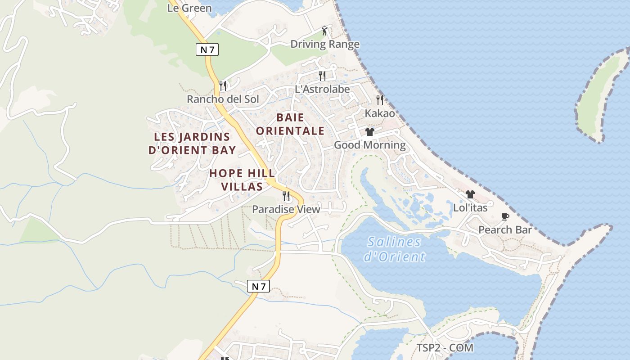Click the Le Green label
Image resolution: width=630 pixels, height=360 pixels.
pyautogui.click(x=189, y=8)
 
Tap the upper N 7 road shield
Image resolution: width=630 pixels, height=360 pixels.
pyautogui.click(x=207, y=49)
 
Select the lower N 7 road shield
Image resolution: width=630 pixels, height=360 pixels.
pyautogui.click(x=258, y=286)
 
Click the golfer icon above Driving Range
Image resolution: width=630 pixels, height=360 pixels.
pyautogui.click(x=325, y=31)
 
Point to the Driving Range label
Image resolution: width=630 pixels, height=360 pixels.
pyautogui.click(x=325, y=44)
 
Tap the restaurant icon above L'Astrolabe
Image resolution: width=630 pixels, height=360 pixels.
pyautogui.click(x=322, y=76)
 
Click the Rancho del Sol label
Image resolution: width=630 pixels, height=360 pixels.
pyautogui.click(x=223, y=99)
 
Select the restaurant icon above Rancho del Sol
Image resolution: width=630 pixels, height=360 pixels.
pyautogui.click(x=222, y=85)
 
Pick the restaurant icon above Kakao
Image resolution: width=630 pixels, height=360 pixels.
pyautogui.click(x=380, y=99)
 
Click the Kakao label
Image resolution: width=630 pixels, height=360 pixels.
pyautogui.click(x=380, y=113)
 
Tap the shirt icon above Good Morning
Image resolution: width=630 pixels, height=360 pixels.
pyautogui.click(x=370, y=132)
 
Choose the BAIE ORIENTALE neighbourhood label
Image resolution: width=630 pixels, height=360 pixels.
pyautogui.click(x=300, y=124)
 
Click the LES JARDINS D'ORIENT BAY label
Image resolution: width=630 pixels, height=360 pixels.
pyautogui.click(x=192, y=144)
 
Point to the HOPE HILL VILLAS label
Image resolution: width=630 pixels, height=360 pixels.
pyautogui.click(x=242, y=180)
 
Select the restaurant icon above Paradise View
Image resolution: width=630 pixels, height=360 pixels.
pyautogui.click(x=286, y=196)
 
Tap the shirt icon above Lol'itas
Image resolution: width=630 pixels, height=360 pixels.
pyautogui.click(x=470, y=194)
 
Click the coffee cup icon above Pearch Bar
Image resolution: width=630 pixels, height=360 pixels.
pyautogui.click(x=505, y=217)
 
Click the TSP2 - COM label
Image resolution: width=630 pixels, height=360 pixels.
pyautogui.click(x=445, y=348)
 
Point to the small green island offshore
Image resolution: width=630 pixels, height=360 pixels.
pyautogui.click(x=602, y=95)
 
